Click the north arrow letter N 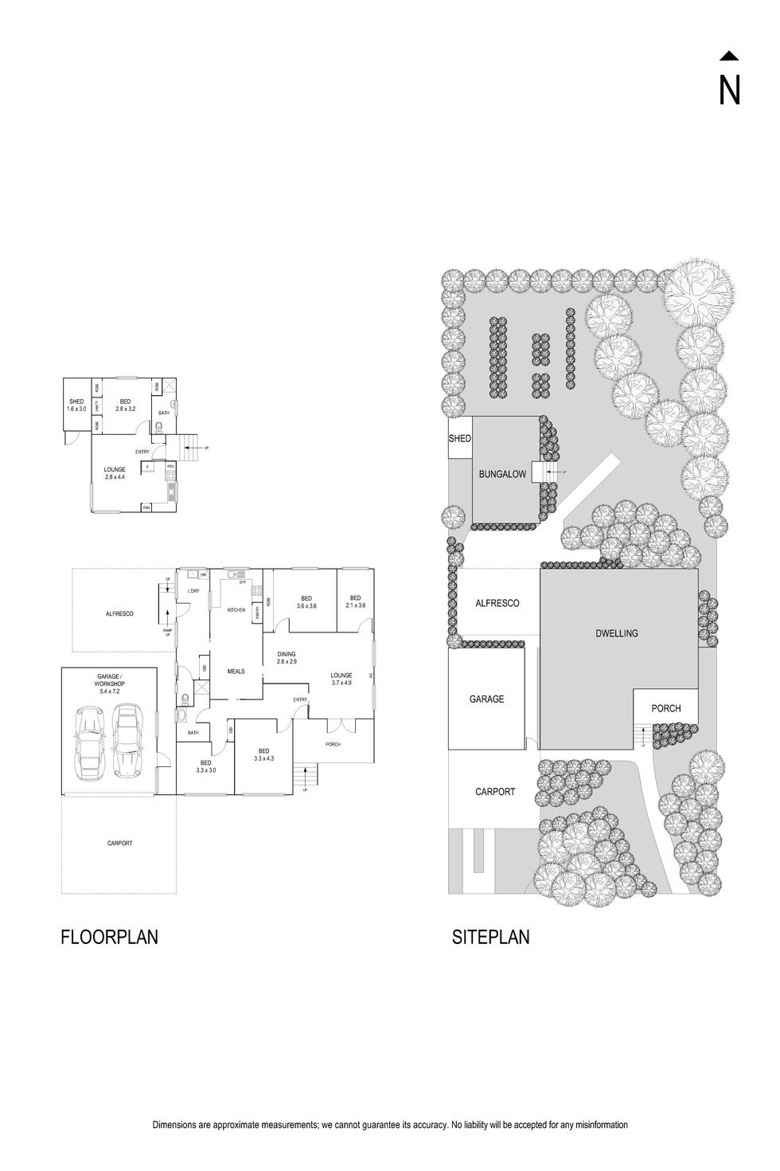tap(729, 90)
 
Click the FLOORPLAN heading tap(109, 937)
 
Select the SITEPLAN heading tap(490, 937)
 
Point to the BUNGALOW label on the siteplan tap(502, 475)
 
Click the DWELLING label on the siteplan tap(616, 634)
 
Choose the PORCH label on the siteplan tap(665, 708)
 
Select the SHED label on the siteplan tap(460, 439)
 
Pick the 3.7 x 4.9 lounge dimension tap(341, 683)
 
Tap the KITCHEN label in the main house tap(236, 610)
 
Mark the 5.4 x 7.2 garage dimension tap(109, 691)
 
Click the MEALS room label tap(236, 672)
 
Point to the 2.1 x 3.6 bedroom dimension tap(355, 606)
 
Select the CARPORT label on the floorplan tap(119, 843)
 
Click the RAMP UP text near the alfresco tap(168, 633)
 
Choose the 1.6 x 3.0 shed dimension tap(76, 409)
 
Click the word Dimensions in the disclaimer tap(174, 1125)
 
